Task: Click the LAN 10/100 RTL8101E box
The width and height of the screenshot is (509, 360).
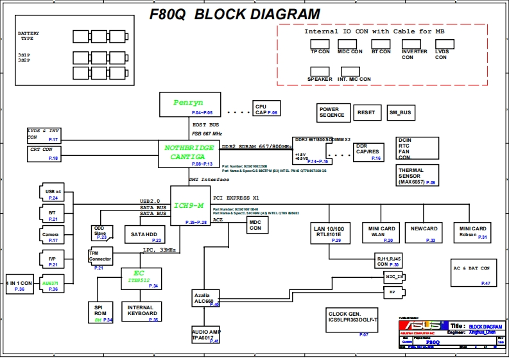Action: click(x=329, y=232)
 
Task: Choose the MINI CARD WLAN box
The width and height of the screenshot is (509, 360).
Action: click(x=381, y=232)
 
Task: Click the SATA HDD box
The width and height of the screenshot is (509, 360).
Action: click(x=145, y=234)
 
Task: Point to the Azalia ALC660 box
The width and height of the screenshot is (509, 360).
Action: click(x=205, y=298)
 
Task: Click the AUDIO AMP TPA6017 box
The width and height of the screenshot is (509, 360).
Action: click(x=205, y=335)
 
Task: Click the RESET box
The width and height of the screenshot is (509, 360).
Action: click(x=367, y=112)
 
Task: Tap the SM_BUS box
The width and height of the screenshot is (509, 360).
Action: click(x=401, y=112)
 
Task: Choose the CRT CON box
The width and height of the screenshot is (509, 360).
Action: click(x=44, y=153)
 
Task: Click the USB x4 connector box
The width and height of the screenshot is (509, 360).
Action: click(x=54, y=194)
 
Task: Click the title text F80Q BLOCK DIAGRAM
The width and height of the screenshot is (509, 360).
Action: click(x=234, y=14)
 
